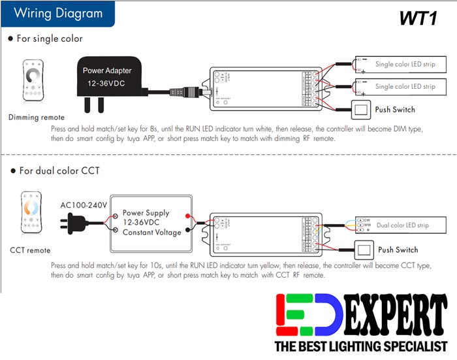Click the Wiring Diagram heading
tap(58, 13)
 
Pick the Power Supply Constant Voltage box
tap(150, 223)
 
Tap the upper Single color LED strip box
tap(400, 65)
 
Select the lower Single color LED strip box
tap(400, 86)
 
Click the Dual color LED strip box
tap(400, 225)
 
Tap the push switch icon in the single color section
tap(362, 109)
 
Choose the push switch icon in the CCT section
tap(364, 250)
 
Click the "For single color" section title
tap(50, 39)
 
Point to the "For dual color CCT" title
tap(58, 171)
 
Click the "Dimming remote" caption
tap(37, 118)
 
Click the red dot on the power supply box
tap(187, 216)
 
